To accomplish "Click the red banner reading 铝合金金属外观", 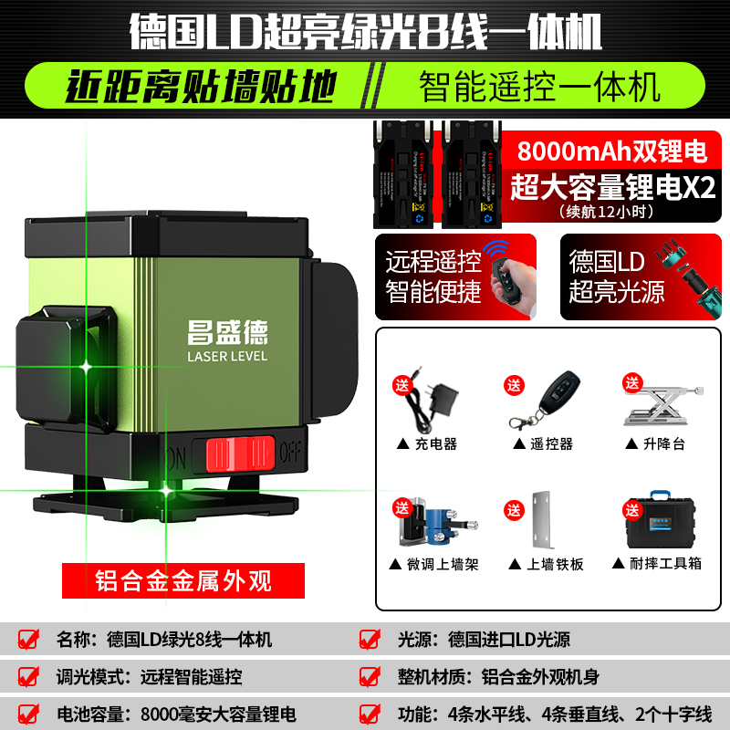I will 169,578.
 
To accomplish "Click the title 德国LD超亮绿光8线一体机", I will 365,32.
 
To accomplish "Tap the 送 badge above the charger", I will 402,384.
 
